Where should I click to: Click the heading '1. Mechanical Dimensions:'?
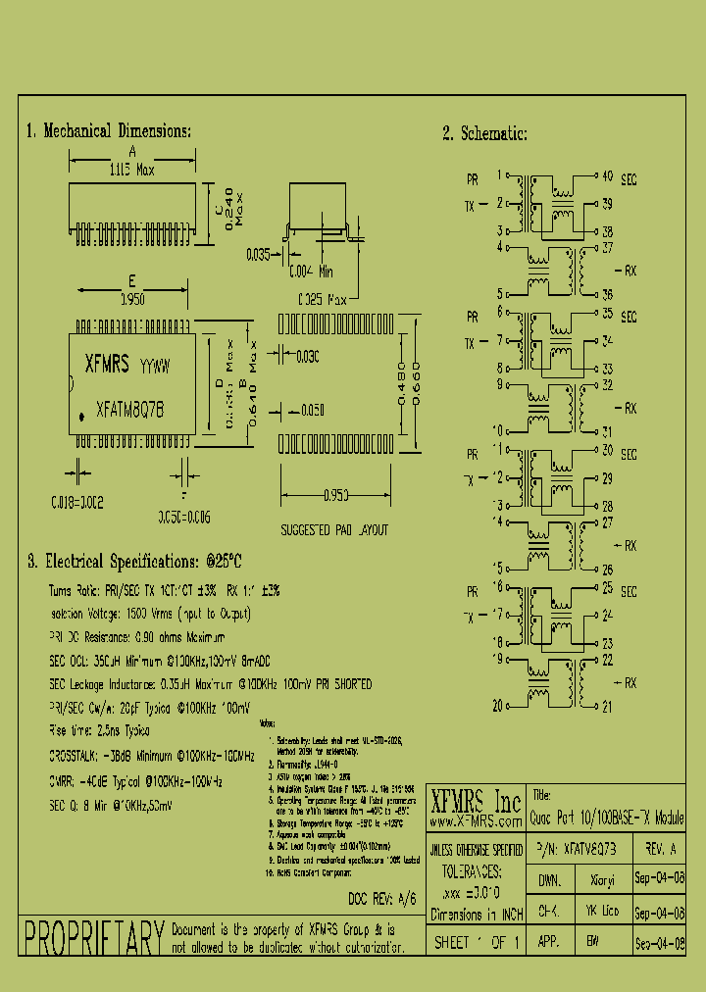point(108,131)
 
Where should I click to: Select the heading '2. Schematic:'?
point(484,134)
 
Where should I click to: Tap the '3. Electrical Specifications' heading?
point(133,562)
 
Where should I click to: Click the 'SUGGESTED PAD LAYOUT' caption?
point(334,530)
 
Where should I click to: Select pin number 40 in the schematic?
point(607,176)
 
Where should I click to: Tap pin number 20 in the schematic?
point(497,706)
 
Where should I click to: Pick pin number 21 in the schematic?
point(607,706)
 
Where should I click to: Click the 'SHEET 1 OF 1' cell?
point(475,943)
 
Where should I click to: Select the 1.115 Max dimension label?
point(131,170)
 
